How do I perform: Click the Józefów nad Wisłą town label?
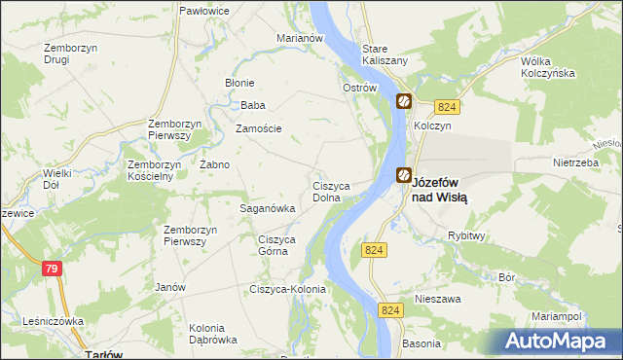(440, 189)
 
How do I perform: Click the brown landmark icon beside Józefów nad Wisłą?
(403, 175)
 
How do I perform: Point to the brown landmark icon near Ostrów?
(403, 100)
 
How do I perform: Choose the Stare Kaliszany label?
(385, 54)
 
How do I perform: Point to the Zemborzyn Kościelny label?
(150, 170)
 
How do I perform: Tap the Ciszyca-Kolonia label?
(287, 289)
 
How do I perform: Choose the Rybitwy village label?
(466, 236)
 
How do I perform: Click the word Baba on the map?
(253, 105)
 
